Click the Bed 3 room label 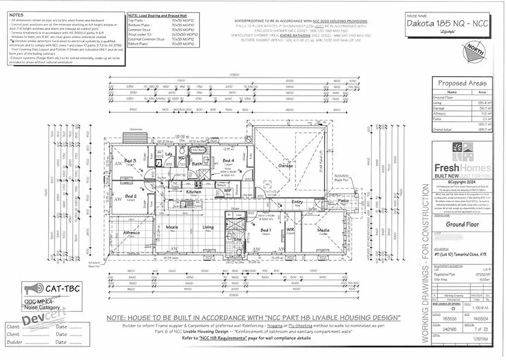(130, 160)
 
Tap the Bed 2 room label (130, 196)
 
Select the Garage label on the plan (286, 166)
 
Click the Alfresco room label (130, 233)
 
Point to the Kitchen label (194, 191)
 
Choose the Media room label (323, 230)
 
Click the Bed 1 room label (266, 230)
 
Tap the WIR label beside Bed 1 (289, 230)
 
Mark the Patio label (343, 201)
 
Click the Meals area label (172, 227)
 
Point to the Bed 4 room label (228, 160)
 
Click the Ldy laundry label (168, 154)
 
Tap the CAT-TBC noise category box (52, 288)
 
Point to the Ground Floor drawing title (463, 224)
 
